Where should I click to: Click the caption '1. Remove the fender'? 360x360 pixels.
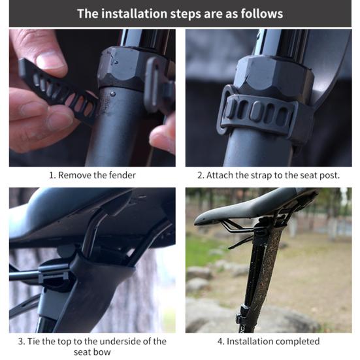92,175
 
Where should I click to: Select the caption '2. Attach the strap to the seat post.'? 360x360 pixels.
269,175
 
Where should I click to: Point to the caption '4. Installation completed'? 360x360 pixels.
269,341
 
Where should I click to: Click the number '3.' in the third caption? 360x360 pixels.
22,341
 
